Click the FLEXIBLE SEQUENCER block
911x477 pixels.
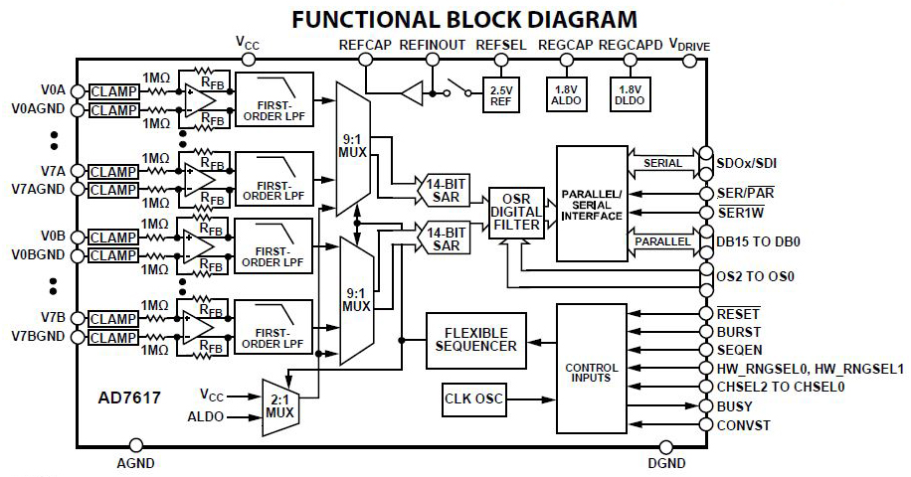point(476,339)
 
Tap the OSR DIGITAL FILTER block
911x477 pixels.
point(516,213)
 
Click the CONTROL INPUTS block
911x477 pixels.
point(591,367)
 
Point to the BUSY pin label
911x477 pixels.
point(735,406)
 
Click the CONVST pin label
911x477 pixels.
point(743,426)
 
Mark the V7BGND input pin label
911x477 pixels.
point(39,337)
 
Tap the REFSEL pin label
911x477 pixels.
point(500,46)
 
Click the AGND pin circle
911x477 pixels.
point(135,446)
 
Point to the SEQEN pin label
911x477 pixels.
point(740,350)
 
